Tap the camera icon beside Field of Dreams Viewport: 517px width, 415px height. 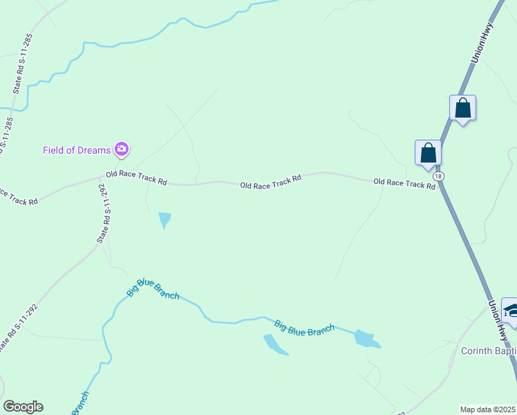(122, 149)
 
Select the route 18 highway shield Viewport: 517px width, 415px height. (439, 176)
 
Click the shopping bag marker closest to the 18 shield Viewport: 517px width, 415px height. (428, 152)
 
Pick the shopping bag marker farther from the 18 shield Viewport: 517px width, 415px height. (462, 108)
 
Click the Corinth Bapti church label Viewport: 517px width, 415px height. (488, 351)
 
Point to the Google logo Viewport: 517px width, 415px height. (23, 407)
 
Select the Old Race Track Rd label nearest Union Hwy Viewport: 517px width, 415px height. (404, 183)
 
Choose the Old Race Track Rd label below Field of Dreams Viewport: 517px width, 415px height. (136, 178)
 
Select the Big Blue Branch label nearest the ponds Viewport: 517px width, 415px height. (304, 327)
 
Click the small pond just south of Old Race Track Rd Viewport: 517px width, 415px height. (164, 220)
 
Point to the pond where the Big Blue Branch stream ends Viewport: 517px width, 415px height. (366, 339)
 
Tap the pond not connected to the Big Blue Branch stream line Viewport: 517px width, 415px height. (274, 344)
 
